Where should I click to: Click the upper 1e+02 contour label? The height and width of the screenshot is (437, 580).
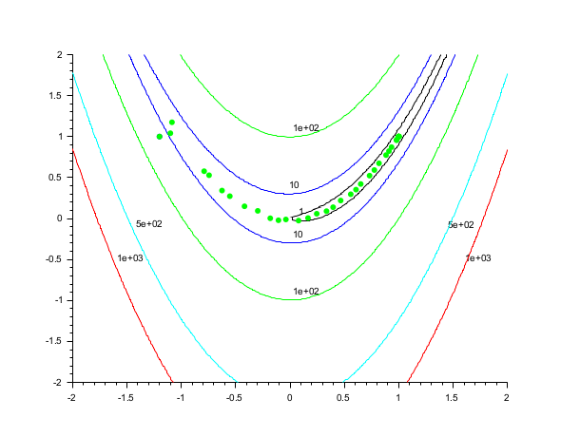click(306, 127)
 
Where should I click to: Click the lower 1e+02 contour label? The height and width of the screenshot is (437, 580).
click(306, 291)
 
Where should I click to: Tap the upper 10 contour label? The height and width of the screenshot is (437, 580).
click(295, 185)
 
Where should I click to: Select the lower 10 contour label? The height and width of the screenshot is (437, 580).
click(298, 233)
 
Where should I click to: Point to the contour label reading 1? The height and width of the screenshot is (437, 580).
click(301, 212)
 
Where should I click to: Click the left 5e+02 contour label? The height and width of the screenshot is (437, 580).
click(149, 224)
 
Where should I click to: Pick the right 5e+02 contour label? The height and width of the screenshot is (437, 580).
click(461, 224)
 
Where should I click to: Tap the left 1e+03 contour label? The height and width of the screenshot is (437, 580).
click(130, 258)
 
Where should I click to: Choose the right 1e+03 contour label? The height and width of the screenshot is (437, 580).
click(478, 258)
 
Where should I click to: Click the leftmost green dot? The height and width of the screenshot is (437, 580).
click(160, 137)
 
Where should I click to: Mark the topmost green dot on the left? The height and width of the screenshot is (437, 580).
click(172, 123)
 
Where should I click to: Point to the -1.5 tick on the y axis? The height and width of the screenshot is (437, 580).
click(54, 341)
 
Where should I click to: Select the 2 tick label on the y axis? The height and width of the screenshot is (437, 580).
click(60, 55)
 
